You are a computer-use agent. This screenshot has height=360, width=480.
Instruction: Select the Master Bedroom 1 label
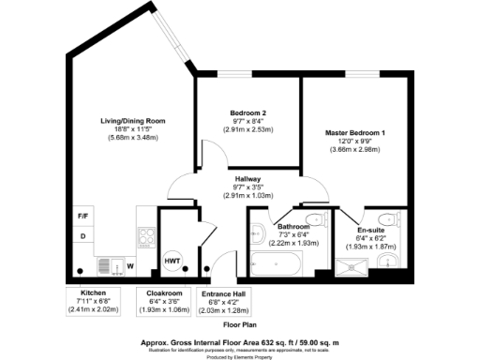pos(355,132)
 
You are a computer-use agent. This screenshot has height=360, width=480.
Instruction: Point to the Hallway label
pos(247,178)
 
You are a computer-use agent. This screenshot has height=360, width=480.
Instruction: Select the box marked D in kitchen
pos(82,236)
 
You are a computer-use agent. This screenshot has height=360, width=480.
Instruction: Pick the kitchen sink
pos(105,265)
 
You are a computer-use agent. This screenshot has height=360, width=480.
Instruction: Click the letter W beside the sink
pos(130,266)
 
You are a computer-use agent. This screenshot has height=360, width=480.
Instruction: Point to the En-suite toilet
pos(396,221)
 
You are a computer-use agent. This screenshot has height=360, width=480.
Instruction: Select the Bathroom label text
pos(293,228)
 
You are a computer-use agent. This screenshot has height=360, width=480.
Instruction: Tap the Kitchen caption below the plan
pos(94,293)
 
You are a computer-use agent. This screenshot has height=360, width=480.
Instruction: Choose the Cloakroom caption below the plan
pos(165,293)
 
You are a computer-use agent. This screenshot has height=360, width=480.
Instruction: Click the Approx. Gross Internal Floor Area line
pos(239,342)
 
